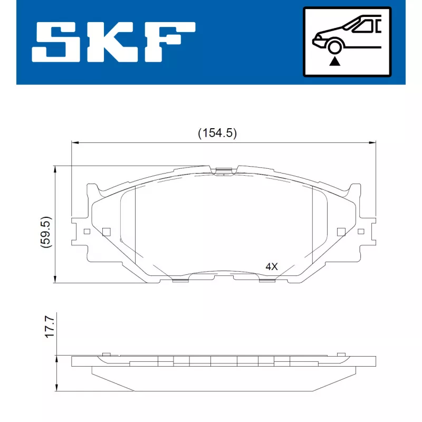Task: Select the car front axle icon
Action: pos(346,42)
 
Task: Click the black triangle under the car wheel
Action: pos(334,62)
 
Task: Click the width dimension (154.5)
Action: pos(217,133)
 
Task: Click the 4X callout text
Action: pos(271,267)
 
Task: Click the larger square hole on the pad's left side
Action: pos(106,231)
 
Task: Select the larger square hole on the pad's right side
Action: pos(341,231)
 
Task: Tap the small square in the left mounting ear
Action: pos(87,231)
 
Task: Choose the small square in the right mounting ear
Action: pos(361,231)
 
